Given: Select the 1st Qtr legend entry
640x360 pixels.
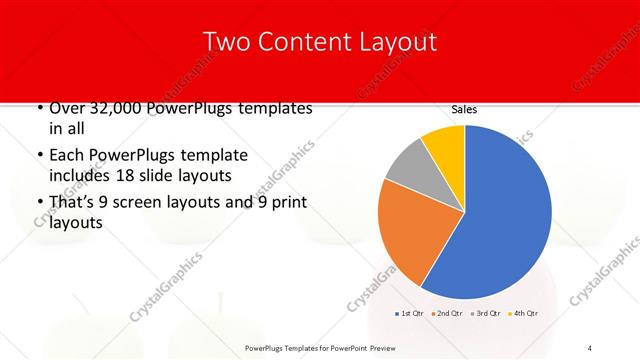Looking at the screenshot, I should [x=408, y=314].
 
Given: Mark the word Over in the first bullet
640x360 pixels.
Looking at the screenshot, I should [x=63, y=108].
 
